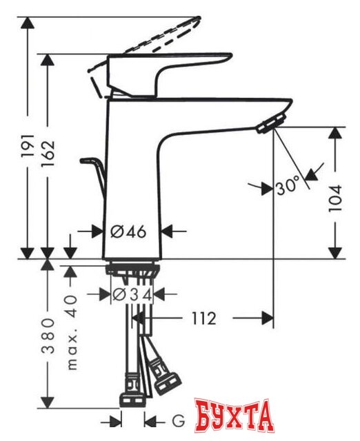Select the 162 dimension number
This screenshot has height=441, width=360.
46,157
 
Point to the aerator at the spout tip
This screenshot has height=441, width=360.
266,124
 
